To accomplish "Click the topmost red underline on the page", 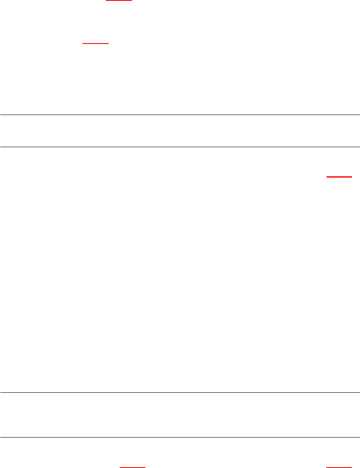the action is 119,1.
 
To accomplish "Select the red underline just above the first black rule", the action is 96,43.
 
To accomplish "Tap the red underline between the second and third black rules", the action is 339,176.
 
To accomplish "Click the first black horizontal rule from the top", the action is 180,115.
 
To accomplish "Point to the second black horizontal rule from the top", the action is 180,147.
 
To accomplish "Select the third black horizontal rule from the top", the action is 180,393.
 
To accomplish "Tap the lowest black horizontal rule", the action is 180,437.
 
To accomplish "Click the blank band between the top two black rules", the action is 180,131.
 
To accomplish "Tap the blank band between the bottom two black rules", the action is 180,415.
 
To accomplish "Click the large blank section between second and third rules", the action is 180,271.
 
